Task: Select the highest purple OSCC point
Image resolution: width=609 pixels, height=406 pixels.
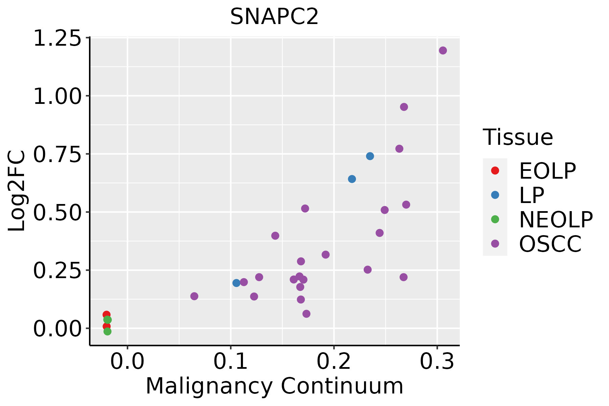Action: coord(443,50)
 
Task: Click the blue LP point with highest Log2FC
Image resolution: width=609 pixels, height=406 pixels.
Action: coord(370,156)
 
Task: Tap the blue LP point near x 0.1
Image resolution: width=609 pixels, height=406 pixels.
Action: coord(236,283)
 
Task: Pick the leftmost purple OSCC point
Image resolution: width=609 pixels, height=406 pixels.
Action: coord(194,296)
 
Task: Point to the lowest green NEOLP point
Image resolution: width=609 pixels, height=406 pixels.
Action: coord(107,331)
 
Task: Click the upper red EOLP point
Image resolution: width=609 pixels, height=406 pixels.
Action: coord(106,315)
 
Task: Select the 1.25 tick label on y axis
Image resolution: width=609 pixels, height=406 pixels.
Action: coord(57,39)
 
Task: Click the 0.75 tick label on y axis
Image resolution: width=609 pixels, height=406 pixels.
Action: coord(57,155)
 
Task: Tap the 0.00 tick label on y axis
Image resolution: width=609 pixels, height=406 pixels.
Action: coord(57,329)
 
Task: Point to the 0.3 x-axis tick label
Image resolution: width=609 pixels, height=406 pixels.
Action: coord(437,362)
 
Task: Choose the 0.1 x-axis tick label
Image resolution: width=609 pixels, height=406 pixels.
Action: coord(231,362)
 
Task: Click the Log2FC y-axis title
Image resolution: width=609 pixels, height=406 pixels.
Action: coord(17,191)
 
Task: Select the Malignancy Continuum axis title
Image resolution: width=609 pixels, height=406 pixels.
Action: coord(274,386)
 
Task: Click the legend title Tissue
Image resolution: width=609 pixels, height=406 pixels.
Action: coord(518,137)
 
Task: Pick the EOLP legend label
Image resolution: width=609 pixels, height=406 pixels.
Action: coord(547,171)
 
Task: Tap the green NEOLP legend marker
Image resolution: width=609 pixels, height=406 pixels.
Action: coord(495,219)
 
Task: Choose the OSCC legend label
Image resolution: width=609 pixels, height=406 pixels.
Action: coord(550,244)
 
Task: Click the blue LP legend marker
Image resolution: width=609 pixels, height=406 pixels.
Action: coord(495,195)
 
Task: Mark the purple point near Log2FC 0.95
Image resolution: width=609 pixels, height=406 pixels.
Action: coord(404,107)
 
